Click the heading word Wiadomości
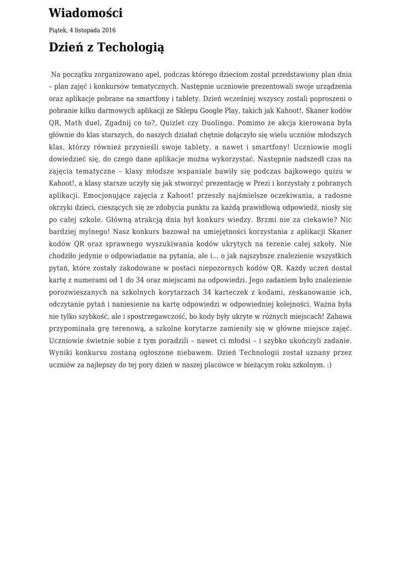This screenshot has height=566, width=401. tap(86, 13)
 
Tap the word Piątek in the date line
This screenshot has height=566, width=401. tap(58, 30)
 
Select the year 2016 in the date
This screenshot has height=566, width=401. tap(108, 30)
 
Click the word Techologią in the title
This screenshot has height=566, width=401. tap(131, 48)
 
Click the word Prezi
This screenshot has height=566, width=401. tap(244, 184)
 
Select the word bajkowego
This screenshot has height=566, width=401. tap(292, 171)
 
